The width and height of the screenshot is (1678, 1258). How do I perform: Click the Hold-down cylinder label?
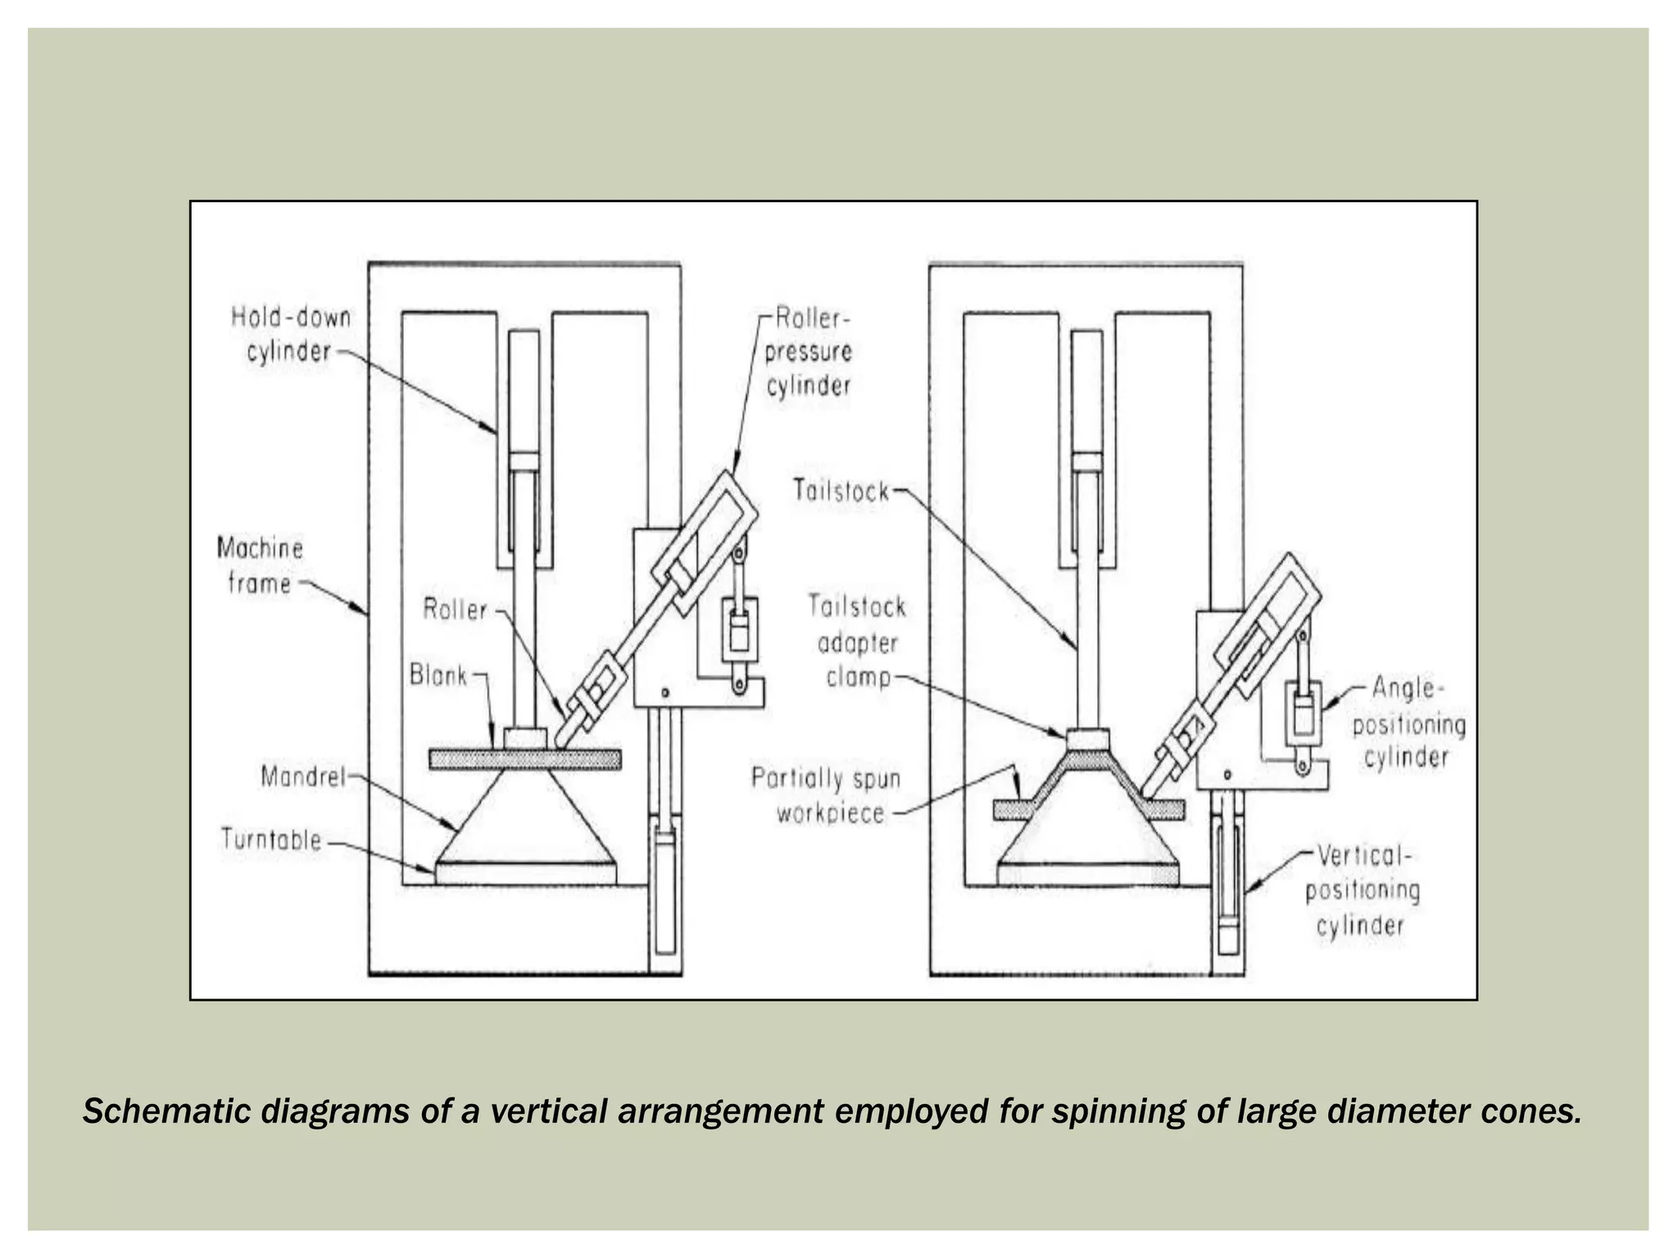[x=291, y=334]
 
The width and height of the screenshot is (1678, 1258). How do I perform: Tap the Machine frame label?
[x=260, y=565]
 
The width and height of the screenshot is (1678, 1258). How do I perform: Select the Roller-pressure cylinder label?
[x=809, y=352]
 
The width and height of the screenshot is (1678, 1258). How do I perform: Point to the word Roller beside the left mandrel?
[x=455, y=609]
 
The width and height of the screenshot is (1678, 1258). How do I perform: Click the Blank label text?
[x=438, y=676]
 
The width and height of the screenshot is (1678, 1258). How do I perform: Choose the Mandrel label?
[x=303, y=776]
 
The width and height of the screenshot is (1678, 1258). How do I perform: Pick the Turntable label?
[x=271, y=840]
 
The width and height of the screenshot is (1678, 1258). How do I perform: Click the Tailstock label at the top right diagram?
[x=841, y=491]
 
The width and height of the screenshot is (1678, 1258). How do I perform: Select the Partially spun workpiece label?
[x=826, y=795]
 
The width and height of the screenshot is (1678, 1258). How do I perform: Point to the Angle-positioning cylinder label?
[x=1408, y=722]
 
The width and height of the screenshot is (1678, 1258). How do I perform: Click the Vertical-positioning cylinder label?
[x=1362, y=891]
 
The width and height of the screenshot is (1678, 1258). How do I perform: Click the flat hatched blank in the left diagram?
[x=524, y=759]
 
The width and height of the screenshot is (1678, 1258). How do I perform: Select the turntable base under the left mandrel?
[x=524, y=874]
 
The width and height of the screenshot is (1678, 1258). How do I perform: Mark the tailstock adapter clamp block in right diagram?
[x=1088, y=740]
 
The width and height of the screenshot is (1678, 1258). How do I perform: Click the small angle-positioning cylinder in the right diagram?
[x=1302, y=713]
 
